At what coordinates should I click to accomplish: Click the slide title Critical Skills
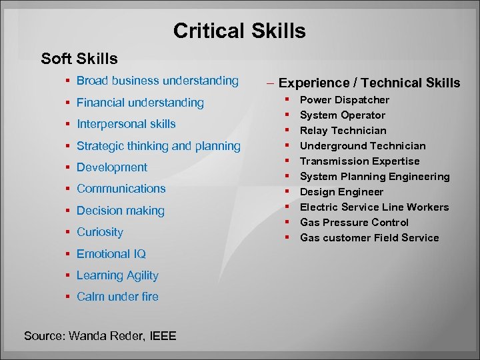click(239, 31)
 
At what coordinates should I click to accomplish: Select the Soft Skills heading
click(79, 59)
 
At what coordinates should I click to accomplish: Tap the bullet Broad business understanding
click(157, 81)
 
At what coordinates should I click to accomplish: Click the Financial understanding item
click(140, 103)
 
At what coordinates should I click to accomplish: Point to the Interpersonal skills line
click(126, 124)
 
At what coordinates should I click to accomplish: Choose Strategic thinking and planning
click(158, 146)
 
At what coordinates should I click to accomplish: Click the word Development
click(112, 167)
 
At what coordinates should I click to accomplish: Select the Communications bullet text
click(121, 189)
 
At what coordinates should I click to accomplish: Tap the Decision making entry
click(120, 211)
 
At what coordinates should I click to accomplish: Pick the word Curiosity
click(100, 232)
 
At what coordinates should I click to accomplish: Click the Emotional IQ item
click(111, 254)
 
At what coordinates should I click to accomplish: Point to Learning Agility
click(117, 275)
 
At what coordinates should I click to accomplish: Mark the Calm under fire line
click(117, 297)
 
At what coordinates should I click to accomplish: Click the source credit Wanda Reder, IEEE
click(100, 336)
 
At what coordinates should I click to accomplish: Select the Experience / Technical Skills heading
click(369, 83)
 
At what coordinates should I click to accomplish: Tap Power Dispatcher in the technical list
click(345, 100)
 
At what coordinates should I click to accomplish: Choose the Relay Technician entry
click(343, 131)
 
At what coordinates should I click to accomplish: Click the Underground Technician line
click(363, 146)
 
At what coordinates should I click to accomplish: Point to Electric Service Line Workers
click(374, 207)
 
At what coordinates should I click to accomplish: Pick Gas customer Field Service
click(369, 238)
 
